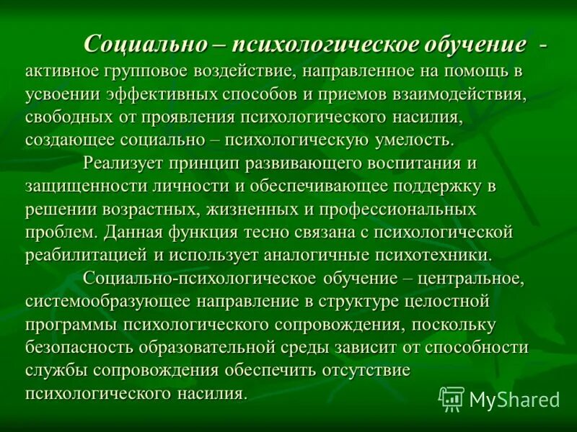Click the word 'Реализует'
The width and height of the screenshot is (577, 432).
122,163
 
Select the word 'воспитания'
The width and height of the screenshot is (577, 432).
415,163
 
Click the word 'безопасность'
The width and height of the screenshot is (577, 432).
80,347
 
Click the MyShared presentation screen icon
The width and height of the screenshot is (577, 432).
452,398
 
